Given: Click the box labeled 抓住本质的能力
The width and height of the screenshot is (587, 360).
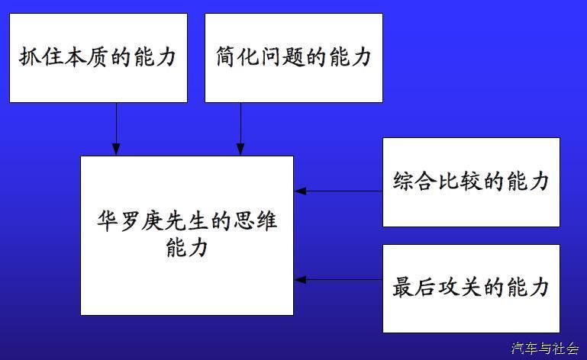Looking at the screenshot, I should [98, 57].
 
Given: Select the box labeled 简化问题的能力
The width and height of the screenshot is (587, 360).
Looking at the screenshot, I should [293, 57].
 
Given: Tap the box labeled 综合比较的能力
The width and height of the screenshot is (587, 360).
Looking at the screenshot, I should [471, 182].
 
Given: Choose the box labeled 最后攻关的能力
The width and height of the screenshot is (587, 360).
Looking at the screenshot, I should [471, 288].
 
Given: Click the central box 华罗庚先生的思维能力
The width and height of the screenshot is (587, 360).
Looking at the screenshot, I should [187, 235].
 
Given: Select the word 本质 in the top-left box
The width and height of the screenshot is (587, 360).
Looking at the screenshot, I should [87, 57].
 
